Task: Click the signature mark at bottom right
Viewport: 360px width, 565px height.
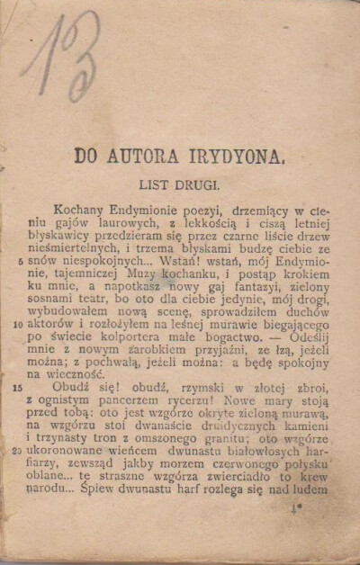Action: coord(296,508)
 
